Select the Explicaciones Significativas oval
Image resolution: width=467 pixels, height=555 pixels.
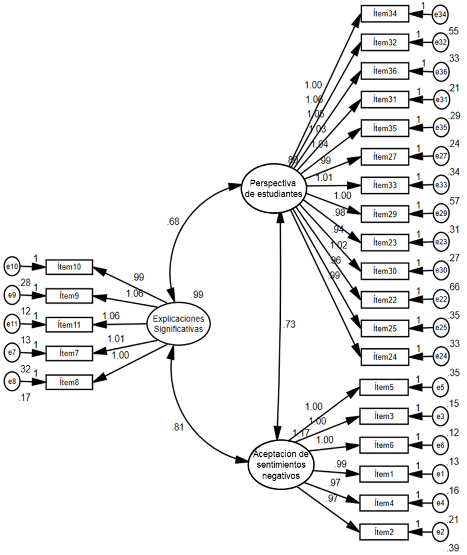coord(178,324)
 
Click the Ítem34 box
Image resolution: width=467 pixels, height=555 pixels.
coord(384,14)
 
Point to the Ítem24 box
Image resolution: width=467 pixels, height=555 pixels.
coord(384,357)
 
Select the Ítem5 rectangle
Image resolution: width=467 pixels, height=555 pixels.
coord(384,387)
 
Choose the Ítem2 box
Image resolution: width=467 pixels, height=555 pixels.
coord(384,531)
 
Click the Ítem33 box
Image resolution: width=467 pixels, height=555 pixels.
coord(384,186)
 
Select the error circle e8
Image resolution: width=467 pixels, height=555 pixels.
coord(12,381)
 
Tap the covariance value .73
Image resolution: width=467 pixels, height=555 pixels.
coord(289,325)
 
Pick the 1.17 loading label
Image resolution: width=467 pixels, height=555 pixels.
coord(301,433)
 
